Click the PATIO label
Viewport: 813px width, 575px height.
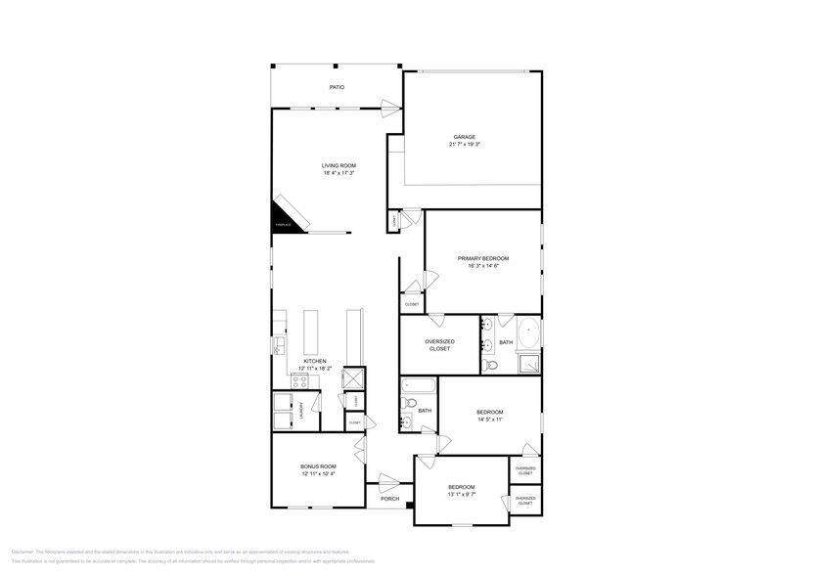click(x=336, y=87)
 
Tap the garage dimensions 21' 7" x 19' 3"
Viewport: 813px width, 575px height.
click(x=466, y=144)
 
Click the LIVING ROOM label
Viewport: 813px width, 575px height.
click(x=339, y=165)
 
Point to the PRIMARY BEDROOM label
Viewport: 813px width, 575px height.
click(x=483, y=258)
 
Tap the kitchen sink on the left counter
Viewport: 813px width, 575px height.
click(x=279, y=344)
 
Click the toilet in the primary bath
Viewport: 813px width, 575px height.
click(x=492, y=364)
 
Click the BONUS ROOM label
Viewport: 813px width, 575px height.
click(x=318, y=466)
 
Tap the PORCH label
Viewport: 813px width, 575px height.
click(x=389, y=499)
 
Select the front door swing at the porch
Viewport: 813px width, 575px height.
click(x=388, y=481)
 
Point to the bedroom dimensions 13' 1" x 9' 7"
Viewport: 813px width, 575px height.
click(x=461, y=495)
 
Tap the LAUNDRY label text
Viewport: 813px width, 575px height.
click(x=302, y=408)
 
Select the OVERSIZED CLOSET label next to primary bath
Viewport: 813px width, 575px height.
click(x=438, y=344)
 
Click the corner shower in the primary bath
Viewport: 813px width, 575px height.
click(x=527, y=363)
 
